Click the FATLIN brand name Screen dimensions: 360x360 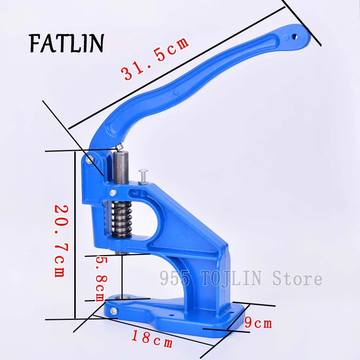click(x=67, y=43)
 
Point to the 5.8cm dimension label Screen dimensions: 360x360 click(x=101, y=279)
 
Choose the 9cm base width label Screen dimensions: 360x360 click(x=258, y=322)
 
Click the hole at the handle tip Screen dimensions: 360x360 click(x=295, y=37)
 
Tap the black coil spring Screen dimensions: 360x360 click(x=121, y=220)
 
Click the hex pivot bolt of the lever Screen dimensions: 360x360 click(x=89, y=159)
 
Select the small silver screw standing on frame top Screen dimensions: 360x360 click(x=143, y=176)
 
